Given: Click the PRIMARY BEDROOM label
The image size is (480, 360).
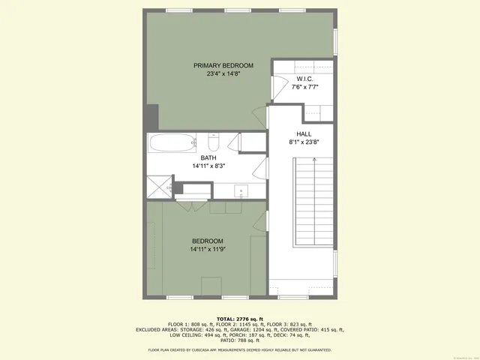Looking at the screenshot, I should point(223,66).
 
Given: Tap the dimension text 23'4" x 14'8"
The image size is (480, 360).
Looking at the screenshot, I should point(223,74).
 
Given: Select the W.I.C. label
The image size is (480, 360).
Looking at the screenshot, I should point(304,79).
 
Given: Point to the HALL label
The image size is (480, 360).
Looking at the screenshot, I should point(304,133).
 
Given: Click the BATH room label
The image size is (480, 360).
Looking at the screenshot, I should point(208,157).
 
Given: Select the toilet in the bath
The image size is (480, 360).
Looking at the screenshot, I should point(213,142).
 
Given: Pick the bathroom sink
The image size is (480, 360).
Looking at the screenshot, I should point(241,190).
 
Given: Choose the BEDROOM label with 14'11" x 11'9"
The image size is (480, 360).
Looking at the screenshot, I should point(206,241).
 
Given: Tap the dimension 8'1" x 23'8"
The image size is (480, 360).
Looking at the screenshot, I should point(304,142).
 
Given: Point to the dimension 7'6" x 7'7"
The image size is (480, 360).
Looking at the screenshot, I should point(304,87).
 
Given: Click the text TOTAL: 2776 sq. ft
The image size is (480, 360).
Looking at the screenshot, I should point(240,318).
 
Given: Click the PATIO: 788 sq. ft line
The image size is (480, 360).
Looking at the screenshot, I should point(240,340).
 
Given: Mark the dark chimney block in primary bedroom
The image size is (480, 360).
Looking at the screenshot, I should point(152,116).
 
